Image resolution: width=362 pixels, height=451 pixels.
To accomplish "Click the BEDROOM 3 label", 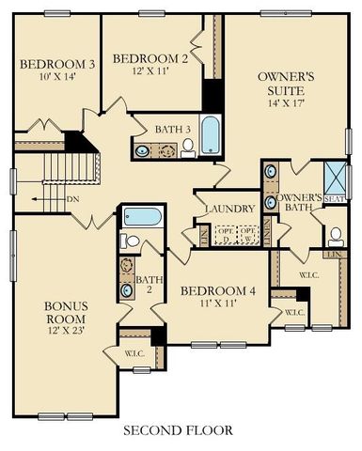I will (x=56, y=64).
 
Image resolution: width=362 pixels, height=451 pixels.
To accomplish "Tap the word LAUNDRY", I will (x=228, y=208).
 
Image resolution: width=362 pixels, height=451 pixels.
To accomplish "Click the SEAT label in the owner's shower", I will (x=333, y=198).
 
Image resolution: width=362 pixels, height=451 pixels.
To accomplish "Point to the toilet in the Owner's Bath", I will (x=335, y=234).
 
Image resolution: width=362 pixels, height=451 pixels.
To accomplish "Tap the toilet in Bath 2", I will (x=132, y=241).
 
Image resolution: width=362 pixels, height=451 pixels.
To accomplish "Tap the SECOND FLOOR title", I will (x=178, y=430).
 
